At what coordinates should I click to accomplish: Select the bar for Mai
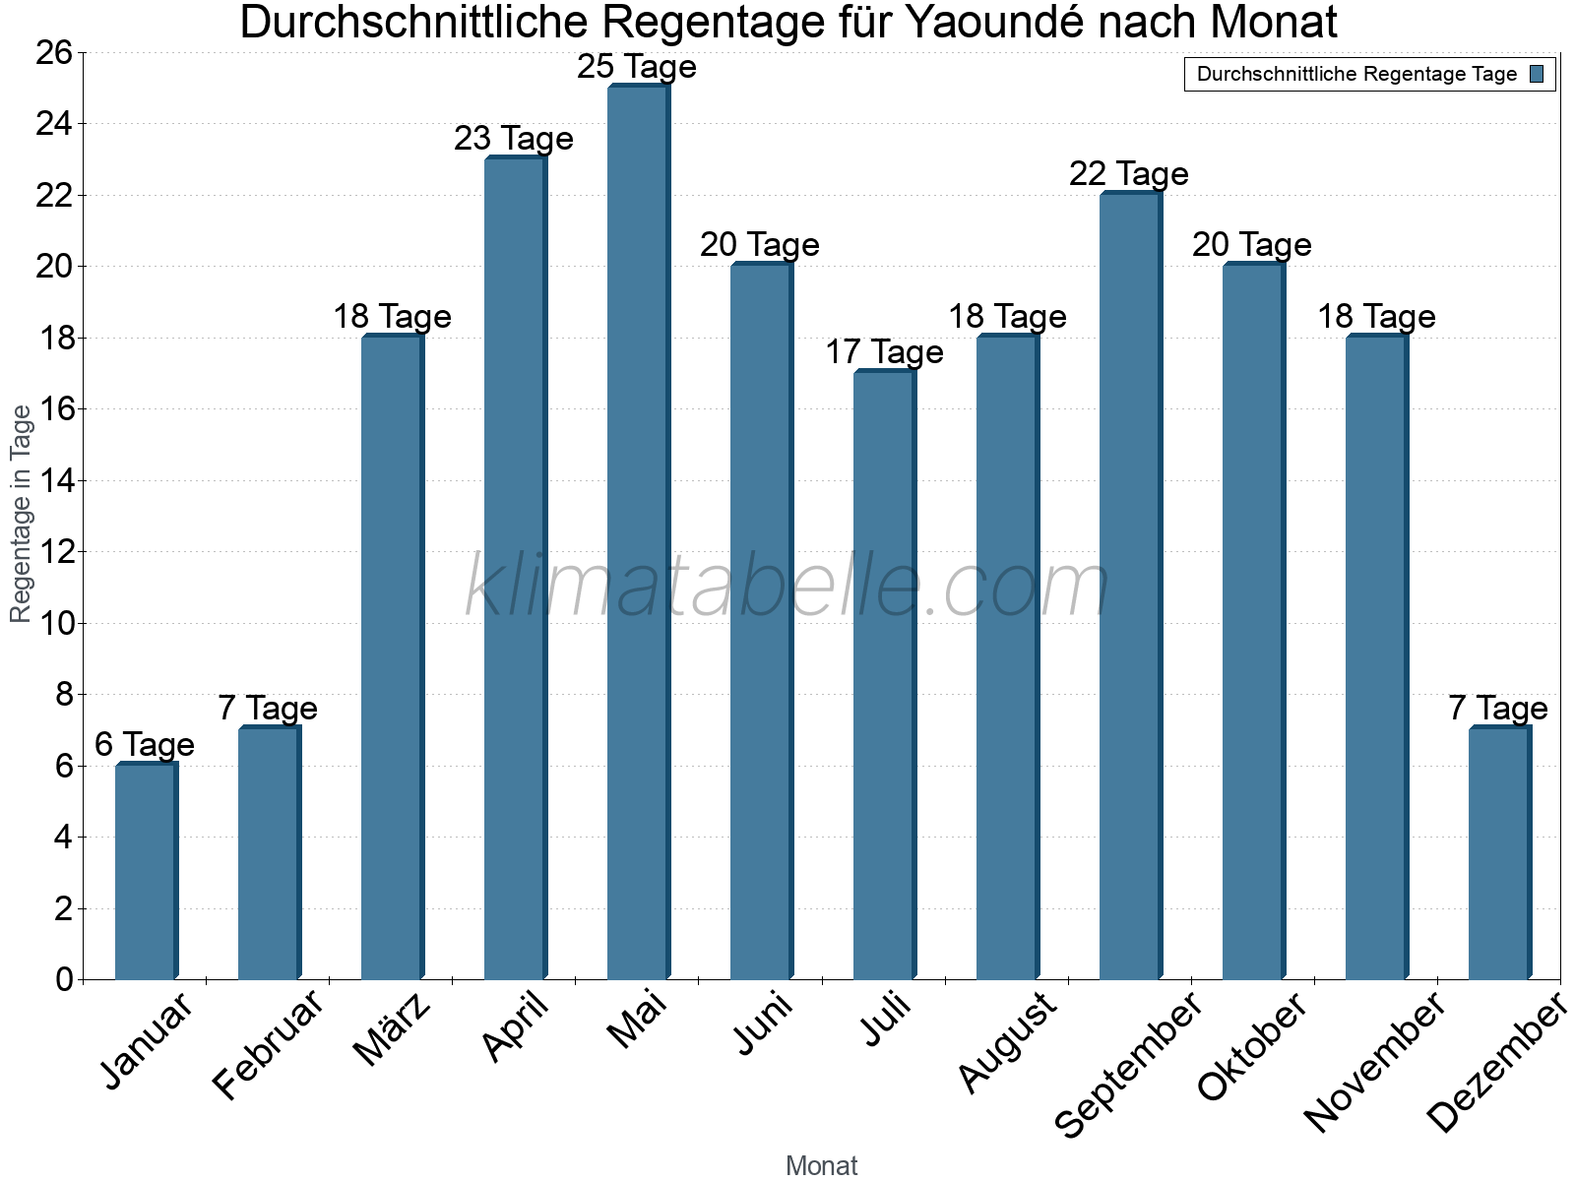pos(638,532)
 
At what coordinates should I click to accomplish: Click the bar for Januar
pos(146,871)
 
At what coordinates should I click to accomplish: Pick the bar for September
pos(1130,586)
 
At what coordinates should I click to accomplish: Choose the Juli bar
pos(884,675)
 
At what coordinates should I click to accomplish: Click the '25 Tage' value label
pos(637,67)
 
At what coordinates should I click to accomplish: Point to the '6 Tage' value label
pos(145,745)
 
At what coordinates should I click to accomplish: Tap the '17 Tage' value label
pos(884,352)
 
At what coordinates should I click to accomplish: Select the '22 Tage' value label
pos(1129,174)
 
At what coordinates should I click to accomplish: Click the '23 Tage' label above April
pos(514,139)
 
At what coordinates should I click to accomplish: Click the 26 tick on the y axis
pos(55,52)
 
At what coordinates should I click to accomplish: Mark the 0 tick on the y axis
pos(65,979)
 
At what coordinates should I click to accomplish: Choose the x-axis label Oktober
pos(1252,1045)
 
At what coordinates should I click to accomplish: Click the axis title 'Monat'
pos(822,1166)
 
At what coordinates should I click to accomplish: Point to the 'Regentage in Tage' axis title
pos(22,514)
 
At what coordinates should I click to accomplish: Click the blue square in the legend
pos(1537,74)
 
